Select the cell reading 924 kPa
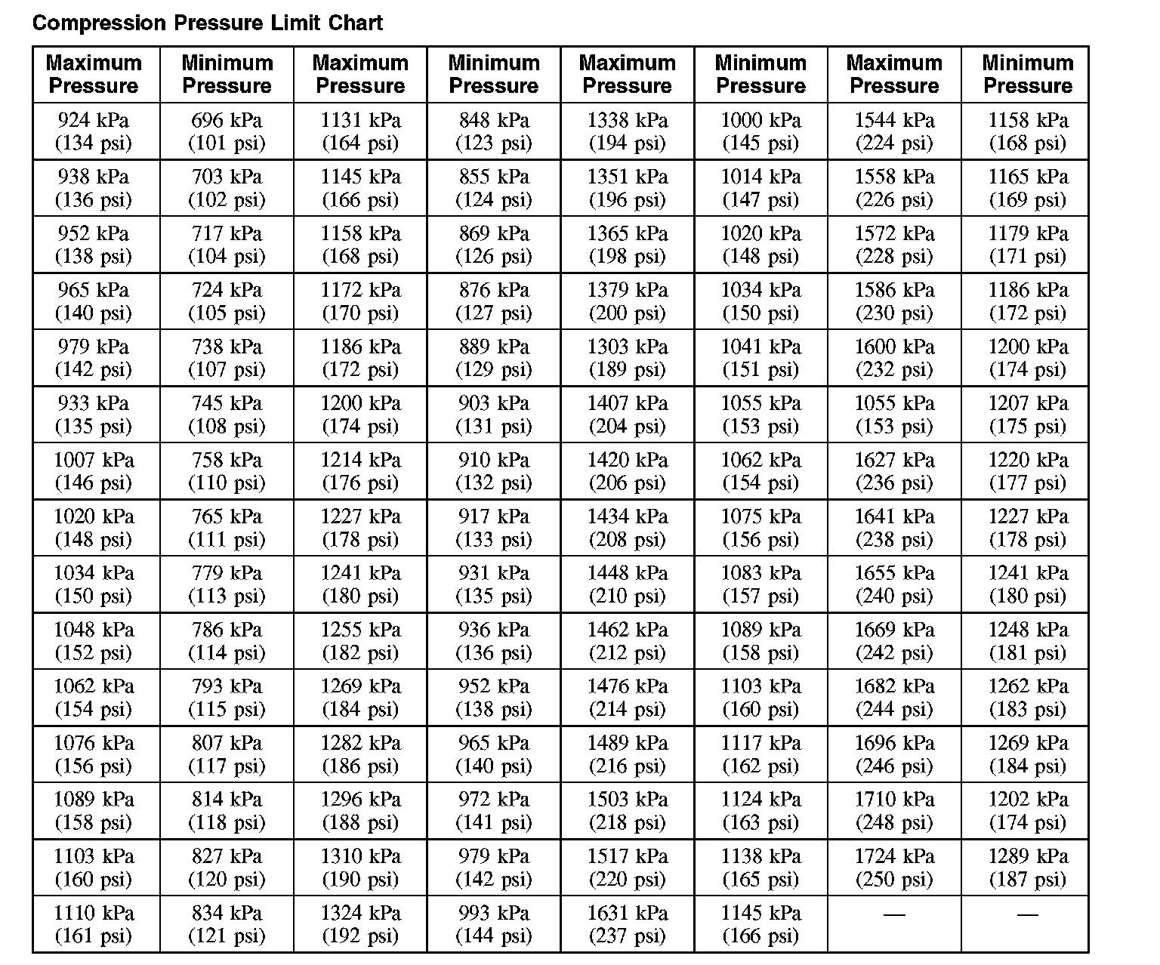coord(94,131)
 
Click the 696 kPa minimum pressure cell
coord(227,131)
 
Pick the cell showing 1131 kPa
coord(360,131)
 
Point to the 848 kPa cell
coord(494,131)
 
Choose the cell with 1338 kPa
coord(628,131)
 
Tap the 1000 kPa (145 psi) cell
coord(760,131)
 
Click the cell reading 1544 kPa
coord(894,131)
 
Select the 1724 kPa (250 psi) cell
coord(894,868)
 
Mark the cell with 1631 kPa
coord(628,924)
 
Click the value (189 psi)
coord(628,370)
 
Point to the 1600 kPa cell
coord(894,358)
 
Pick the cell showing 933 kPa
coord(94,415)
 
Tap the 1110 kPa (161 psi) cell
coord(94,924)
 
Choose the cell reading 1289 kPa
coord(1028,868)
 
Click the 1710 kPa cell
coord(894,811)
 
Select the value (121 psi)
coord(227,936)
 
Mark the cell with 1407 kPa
coord(628,415)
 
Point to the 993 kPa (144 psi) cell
coord(494,924)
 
